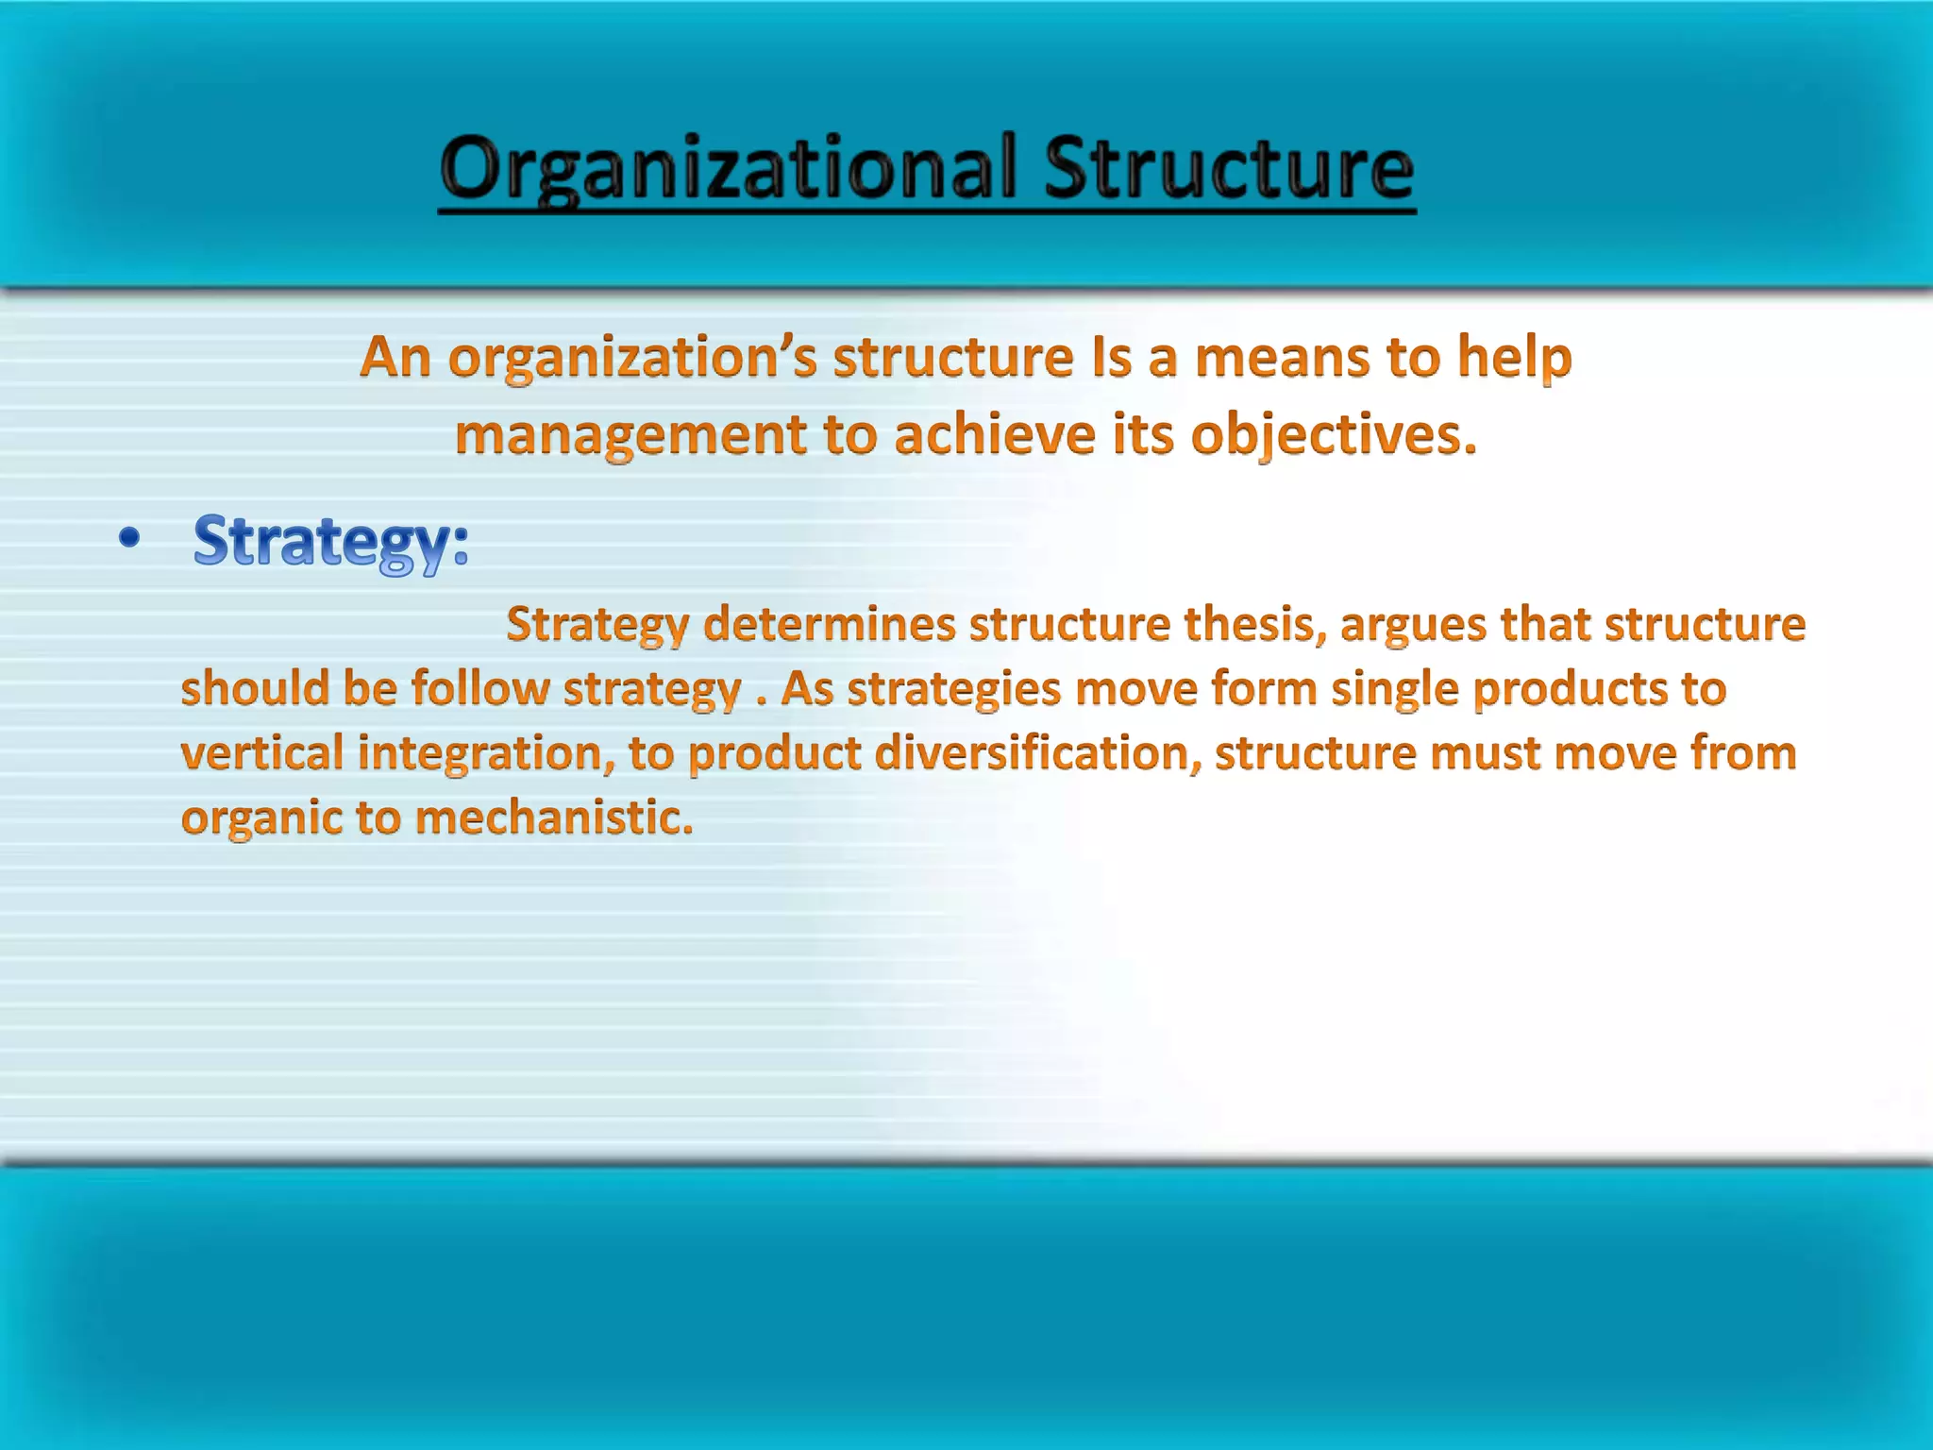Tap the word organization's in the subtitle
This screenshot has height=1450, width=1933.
[631, 359]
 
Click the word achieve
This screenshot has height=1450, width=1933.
[995, 436]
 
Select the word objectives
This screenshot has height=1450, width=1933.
[1332, 436]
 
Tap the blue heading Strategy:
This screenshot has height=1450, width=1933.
[330, 542]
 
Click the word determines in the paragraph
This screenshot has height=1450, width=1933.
[830, 625]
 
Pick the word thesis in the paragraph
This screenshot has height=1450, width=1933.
[1254, 625]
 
